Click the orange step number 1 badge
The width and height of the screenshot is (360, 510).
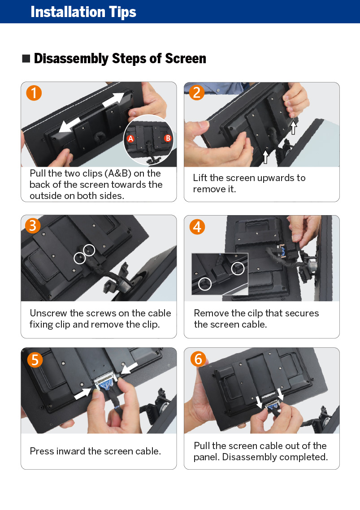pos(34,93)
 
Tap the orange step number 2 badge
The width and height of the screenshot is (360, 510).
pos(197,93)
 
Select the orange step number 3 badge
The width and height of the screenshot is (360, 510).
pos(33,225)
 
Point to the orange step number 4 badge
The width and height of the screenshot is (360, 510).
pos(197,227)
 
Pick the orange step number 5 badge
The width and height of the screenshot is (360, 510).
pos(35,360)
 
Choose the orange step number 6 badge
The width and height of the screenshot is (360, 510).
pos(198,359)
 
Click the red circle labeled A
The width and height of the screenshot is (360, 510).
pos(130,139)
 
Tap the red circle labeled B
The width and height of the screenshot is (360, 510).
pos(168,138)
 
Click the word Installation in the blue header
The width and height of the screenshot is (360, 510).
pos(68,12)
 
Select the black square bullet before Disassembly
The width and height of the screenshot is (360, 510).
pos(26,59)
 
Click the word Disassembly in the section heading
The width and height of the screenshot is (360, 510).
pos(71,59)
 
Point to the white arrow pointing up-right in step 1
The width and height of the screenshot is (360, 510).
pos(113,99)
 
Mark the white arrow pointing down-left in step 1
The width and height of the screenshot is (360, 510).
pos(69,125)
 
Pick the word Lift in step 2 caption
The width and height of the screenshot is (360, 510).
pos(200,177)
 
